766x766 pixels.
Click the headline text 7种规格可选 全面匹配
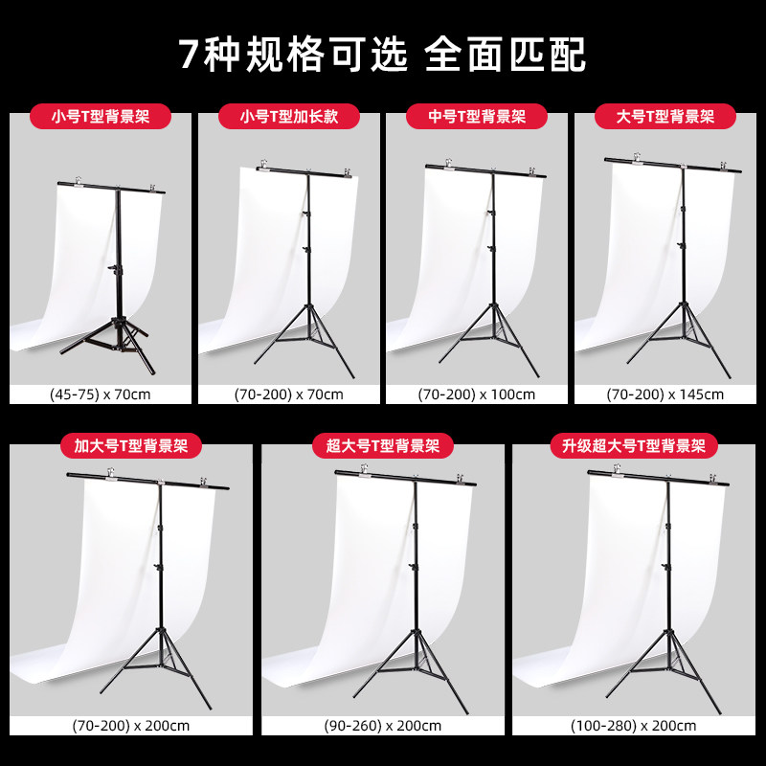pos(382,54)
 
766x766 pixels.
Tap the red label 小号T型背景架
pos(101,116)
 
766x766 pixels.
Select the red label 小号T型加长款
pos(289,116)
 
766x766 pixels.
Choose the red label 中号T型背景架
pos(477,116)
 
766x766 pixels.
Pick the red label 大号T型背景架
pos(665,116)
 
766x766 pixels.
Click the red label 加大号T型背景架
pos(131,445)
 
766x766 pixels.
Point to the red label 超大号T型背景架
pos(383,445)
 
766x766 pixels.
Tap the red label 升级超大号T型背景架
pos(634,445)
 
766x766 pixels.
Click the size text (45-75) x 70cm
pos(101,394)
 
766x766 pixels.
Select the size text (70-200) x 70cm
pos(289,394)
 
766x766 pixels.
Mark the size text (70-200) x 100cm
pos(476,394)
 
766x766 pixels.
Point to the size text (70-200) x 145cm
pos(665,394)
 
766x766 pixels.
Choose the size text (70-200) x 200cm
pos(131,726)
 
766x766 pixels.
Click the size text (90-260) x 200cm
pos(382,726)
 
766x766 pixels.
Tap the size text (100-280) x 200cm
pos(633,726)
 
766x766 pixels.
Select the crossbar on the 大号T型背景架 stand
pos(673,165)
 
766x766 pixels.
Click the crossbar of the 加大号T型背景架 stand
pos(147,481)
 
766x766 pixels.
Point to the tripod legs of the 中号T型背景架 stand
pos(492,337)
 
